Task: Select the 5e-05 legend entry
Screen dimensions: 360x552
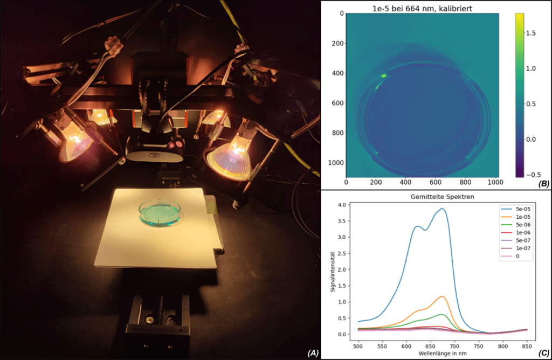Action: pyautogui.click(x=514, y=207)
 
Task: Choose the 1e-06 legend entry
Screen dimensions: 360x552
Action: pyautogui.click(x=514, y=232)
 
